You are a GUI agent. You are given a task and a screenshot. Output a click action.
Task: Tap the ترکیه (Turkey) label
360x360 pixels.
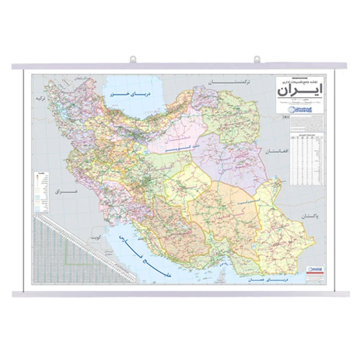coord(41,97)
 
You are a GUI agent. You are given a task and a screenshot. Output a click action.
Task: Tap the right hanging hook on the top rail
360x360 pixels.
coord(257,59)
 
